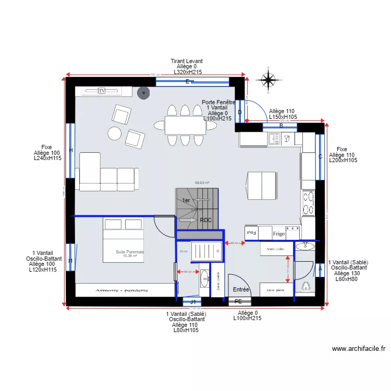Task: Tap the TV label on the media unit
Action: [x=102, y=91]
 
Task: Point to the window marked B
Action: [x=281, y=126]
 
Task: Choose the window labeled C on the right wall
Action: [x=320, y=156]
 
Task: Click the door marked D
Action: [x=240, y=112]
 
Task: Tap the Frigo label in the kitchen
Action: [x=278, y=234]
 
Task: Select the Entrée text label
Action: [x=241, y=289]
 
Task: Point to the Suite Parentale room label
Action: [x=130, y=252]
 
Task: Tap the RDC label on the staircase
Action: [x=206, y=220]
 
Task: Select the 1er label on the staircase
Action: [x=186, y=200]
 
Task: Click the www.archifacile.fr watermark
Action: [x=358, y=349]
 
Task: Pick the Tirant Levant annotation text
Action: [x=187, y=61]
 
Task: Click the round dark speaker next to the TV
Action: [x=142, y=93]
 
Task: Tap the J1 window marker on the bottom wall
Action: [x=193, y=302]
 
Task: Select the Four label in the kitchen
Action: [x=252, y=233]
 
